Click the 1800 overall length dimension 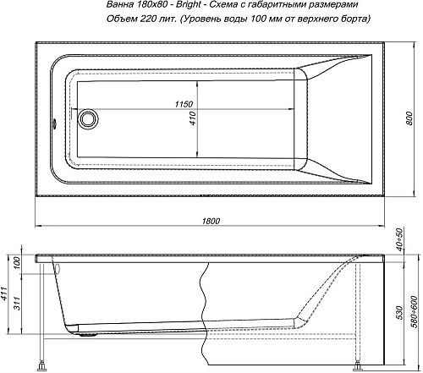pyautogui.click(x=211, y=222)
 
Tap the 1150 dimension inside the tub pyautogui.click(x=176, y=104)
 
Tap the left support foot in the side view pyautogui.click(x=40, y=365)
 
